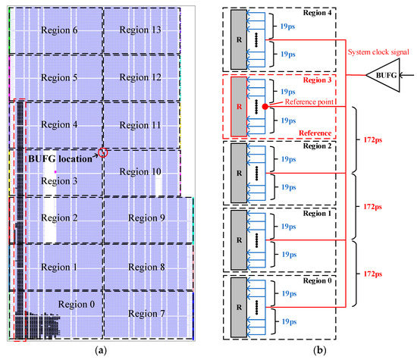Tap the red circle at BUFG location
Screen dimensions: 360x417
103,152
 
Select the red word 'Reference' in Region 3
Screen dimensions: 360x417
313,133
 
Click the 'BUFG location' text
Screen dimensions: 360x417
61,159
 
